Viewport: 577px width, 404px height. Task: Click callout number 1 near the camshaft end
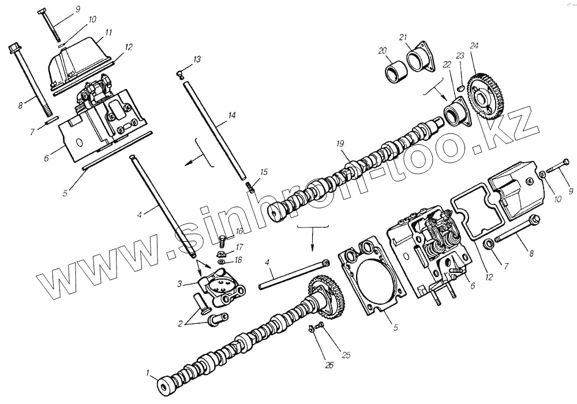coord(148,373)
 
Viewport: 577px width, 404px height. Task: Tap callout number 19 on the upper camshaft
coord(340,144)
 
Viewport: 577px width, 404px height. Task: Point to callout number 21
coord(403,37)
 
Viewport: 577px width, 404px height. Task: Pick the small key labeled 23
coord(460,88)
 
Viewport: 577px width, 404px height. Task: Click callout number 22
coord(447,65)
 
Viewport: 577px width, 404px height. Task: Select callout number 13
coord(197,59)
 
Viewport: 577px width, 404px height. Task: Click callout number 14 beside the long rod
coord(231,115)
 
